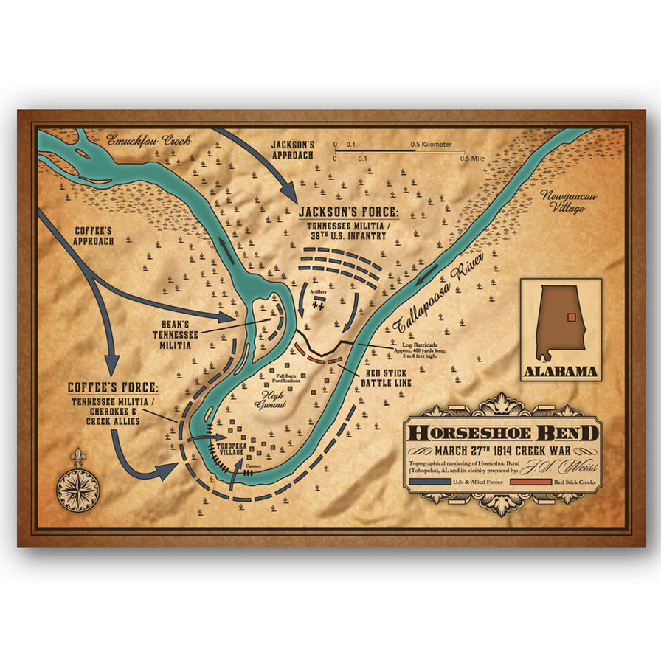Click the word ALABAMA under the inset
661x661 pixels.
point(561,371)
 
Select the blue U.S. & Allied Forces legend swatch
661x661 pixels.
point(428,482)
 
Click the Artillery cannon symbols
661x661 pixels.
point(319,306)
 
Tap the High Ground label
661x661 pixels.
point(270,399)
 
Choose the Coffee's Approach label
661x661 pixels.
point(94,235)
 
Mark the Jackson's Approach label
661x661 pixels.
point(292,150)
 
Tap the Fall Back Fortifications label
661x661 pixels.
point(288,378)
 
